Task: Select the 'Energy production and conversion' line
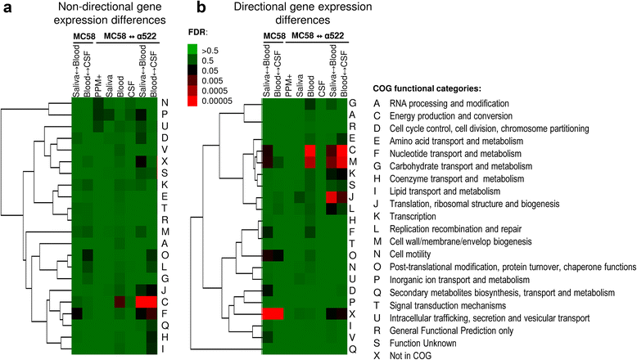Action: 468,119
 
